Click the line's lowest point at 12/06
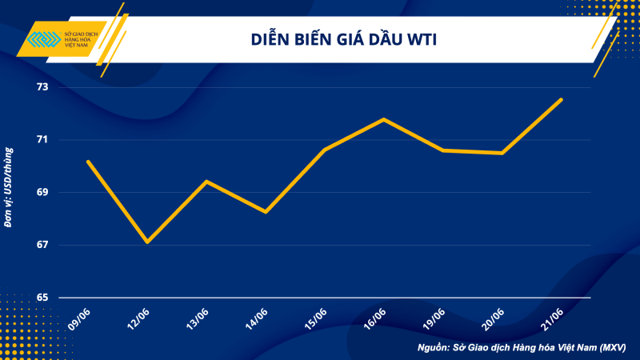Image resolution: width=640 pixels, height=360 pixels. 147,242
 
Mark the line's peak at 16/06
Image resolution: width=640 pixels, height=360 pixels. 384,119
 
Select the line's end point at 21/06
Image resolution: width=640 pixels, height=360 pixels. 562,99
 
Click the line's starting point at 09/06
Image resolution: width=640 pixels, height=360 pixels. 88,162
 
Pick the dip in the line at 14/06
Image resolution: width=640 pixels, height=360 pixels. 266,212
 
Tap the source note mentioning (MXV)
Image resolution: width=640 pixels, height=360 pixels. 521,348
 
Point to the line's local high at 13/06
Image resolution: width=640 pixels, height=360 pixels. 206,182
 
